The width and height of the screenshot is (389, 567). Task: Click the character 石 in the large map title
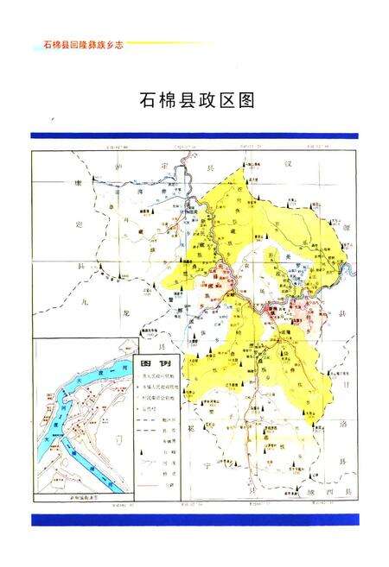coord(148,100)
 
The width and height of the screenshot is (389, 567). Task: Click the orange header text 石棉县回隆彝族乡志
coord(79,43)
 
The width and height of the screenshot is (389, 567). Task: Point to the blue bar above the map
coord(194,135)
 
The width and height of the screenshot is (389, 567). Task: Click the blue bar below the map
coord(194,520)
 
